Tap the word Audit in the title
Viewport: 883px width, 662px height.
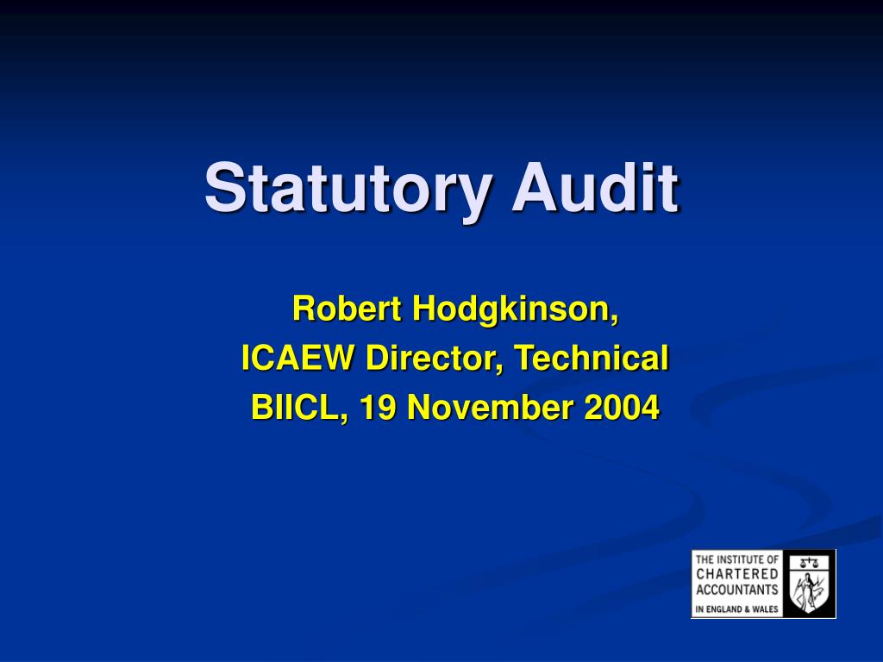pos(595,187)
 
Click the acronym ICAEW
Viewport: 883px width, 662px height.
pos(297,358)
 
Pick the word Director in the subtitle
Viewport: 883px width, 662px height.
pos(435,358)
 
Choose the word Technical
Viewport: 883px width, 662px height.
pos(592,358)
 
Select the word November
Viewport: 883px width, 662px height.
pos(490,407)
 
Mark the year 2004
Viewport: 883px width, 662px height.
pos(621,407)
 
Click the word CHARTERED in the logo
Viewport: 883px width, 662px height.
pos(737,574)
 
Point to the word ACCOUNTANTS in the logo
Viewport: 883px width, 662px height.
pos(737,590)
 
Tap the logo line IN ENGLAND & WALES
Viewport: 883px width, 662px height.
pos(737,609)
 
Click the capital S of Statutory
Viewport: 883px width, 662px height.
pos(222,187)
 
